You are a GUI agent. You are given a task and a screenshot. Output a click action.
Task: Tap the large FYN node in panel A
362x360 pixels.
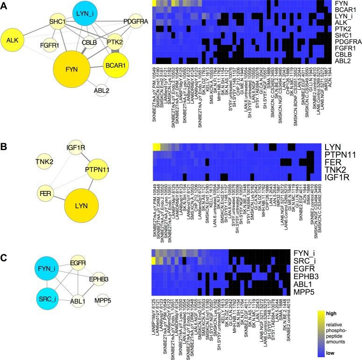[72, 69]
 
